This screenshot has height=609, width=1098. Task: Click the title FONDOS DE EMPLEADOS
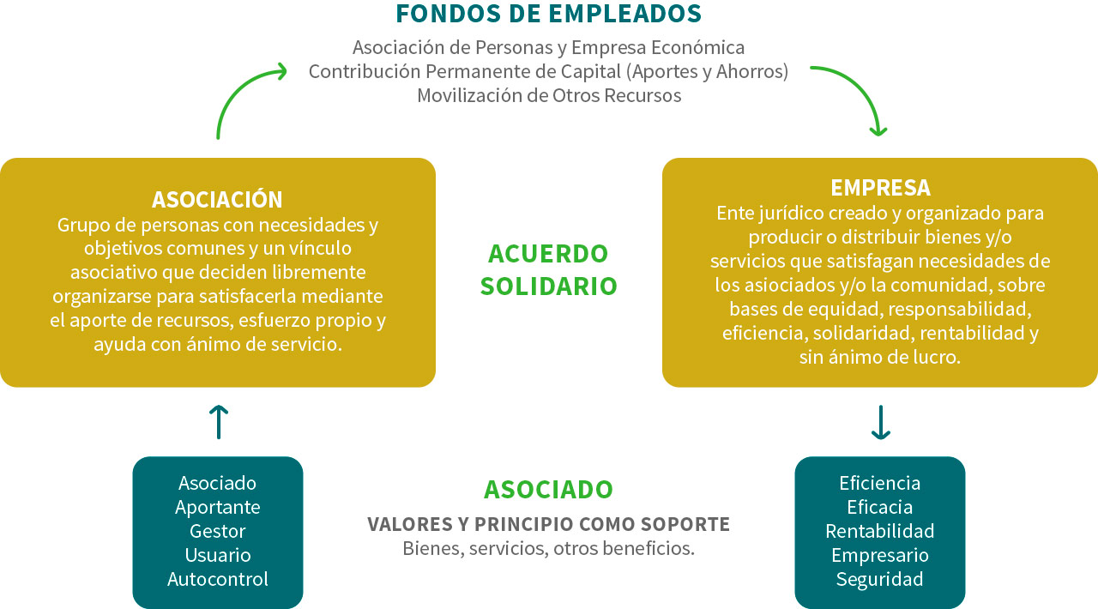coord(548,14)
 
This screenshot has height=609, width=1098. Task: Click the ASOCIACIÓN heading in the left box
coord(217,199)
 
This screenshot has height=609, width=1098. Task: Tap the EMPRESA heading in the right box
coord(880,188)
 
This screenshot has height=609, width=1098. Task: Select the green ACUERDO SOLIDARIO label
coord(548,269)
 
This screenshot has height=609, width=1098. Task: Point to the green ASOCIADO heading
coord(548,490)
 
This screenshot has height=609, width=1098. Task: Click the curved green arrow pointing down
coord(858,88)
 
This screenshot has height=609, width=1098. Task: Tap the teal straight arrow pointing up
coord(219,422)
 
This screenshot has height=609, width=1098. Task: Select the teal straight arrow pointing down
coord(881,422)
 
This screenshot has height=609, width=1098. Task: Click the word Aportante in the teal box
coord(218,508)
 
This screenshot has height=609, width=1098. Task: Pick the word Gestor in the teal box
coord(218,531)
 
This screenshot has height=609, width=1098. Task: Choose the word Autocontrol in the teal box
coord(218,579)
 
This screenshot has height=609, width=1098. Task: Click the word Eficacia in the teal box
coord(880,507)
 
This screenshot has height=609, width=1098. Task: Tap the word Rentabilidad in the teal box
coord(880,531)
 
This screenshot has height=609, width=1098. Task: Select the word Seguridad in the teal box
coord(880,580)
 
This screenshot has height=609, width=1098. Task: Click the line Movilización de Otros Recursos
coord(549,95)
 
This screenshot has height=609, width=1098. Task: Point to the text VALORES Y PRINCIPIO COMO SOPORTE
coord(548,524)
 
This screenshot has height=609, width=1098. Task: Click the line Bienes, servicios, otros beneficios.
coord(548,548)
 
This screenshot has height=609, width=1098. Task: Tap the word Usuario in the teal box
coord(218,555)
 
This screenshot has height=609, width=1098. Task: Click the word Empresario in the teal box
coord(880,556)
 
